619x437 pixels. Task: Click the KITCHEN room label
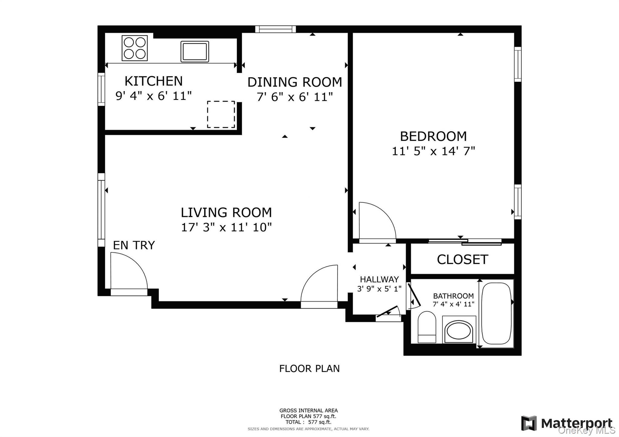click(154, 81)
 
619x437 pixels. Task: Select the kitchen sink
click(195, 51)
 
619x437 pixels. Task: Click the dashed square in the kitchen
click(221, 114)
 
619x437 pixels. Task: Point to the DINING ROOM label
click(295, 82)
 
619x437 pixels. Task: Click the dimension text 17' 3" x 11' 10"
click(226, 227)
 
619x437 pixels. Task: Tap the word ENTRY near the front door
click(134, 245)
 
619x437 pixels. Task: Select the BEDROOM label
click(433, 137)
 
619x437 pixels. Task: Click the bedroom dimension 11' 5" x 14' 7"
click(433, 151)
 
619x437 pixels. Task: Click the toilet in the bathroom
click(427, 327)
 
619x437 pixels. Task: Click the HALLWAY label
click(379, 279)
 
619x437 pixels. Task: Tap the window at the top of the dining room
click(275, 29)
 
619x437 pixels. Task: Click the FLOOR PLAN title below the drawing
click(309, 369)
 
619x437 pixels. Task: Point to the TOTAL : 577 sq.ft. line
click(308, 422)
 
